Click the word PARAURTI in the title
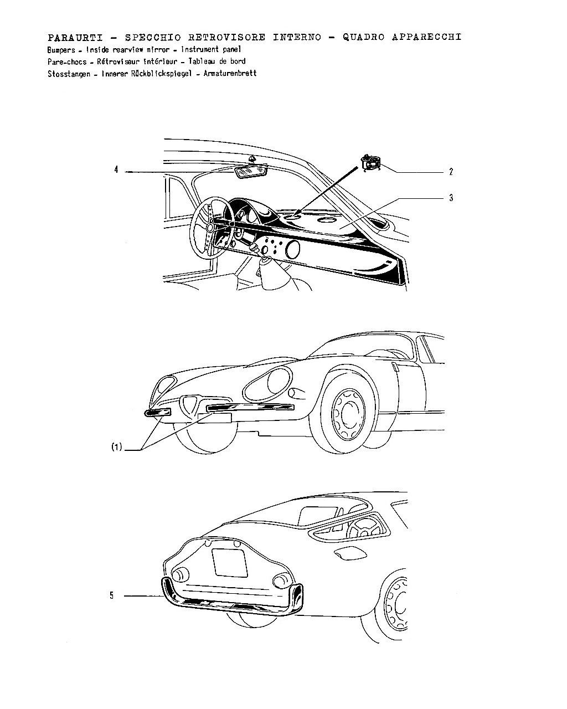pyautogui.click(x=75, y=38)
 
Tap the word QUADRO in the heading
pyautogui.click(x=363, y=37)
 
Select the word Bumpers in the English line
pyautogui.click(x=61, y=50)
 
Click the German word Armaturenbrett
pyautogui.click(x=230, y=73)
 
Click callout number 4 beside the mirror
pyautogui.click(x=116, y=169)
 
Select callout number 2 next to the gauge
pyautogui.click(x=451, y=172)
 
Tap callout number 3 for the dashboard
pyautogui.click(x=451, y=198)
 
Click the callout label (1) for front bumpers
pyautogui.click(x=117, y=447)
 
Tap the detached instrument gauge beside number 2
pyautogui.click(x=370, y=162)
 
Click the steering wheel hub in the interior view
pyautogui.click(x=209, y=227)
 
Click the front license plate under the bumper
pyautogui.click(x=214, y=418)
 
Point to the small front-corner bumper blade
pyautogui.click(x=157, y=412)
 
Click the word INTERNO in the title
pyautogui.click(x=297, y=37)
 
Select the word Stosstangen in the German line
pyautogui.click(x=69, y=74)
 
